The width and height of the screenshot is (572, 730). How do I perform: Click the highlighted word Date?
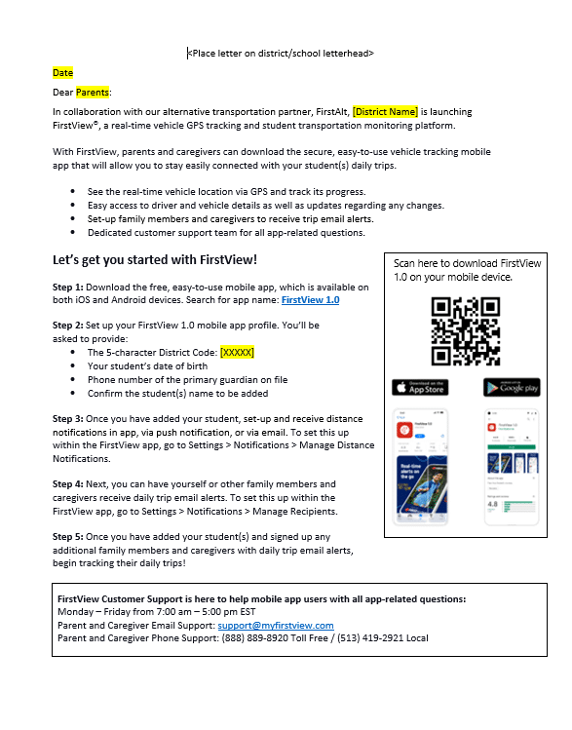(x=62, y=73)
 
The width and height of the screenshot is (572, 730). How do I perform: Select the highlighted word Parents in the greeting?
(x=93, y=93)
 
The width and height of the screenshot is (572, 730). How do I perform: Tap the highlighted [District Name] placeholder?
(x=386, y=112)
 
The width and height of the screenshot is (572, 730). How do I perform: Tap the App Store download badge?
(x=420, y=387)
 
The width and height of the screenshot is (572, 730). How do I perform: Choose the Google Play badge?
(x=511, y=387)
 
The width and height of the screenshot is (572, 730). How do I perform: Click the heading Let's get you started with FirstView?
(x=155, y=260)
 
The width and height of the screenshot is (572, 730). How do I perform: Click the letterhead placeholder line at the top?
(x=281, y=54)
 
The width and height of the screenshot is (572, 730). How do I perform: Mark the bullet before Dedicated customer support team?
(x=73, y=233)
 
